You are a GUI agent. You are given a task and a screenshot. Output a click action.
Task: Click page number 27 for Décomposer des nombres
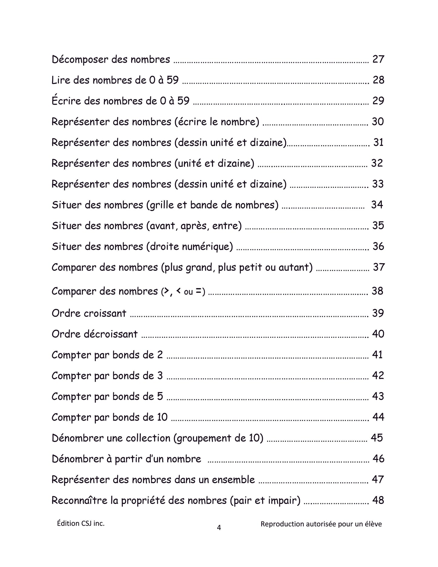tap(378, 59)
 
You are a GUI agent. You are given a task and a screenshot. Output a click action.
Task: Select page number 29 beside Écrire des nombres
tap(378, 101)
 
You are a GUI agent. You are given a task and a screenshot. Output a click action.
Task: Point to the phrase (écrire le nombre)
tap(217, 122)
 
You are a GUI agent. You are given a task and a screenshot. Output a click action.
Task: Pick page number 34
tap(377, 205)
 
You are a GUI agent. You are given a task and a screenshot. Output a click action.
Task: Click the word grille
tap(166, 205)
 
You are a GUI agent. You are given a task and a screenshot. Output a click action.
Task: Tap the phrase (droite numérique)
tap(189, 247)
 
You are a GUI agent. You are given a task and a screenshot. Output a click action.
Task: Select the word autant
tap(294, 267)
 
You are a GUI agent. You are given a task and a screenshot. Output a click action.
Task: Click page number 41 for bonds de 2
tap(377, 354)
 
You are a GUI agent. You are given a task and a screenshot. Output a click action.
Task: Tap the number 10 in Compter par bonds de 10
tap(162, 417)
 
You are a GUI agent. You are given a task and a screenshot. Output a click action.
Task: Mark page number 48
tap(378, 500)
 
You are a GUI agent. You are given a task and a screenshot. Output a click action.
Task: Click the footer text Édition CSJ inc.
tap(81, 523)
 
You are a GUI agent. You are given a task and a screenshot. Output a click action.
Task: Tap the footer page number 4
tap(219, 528)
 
